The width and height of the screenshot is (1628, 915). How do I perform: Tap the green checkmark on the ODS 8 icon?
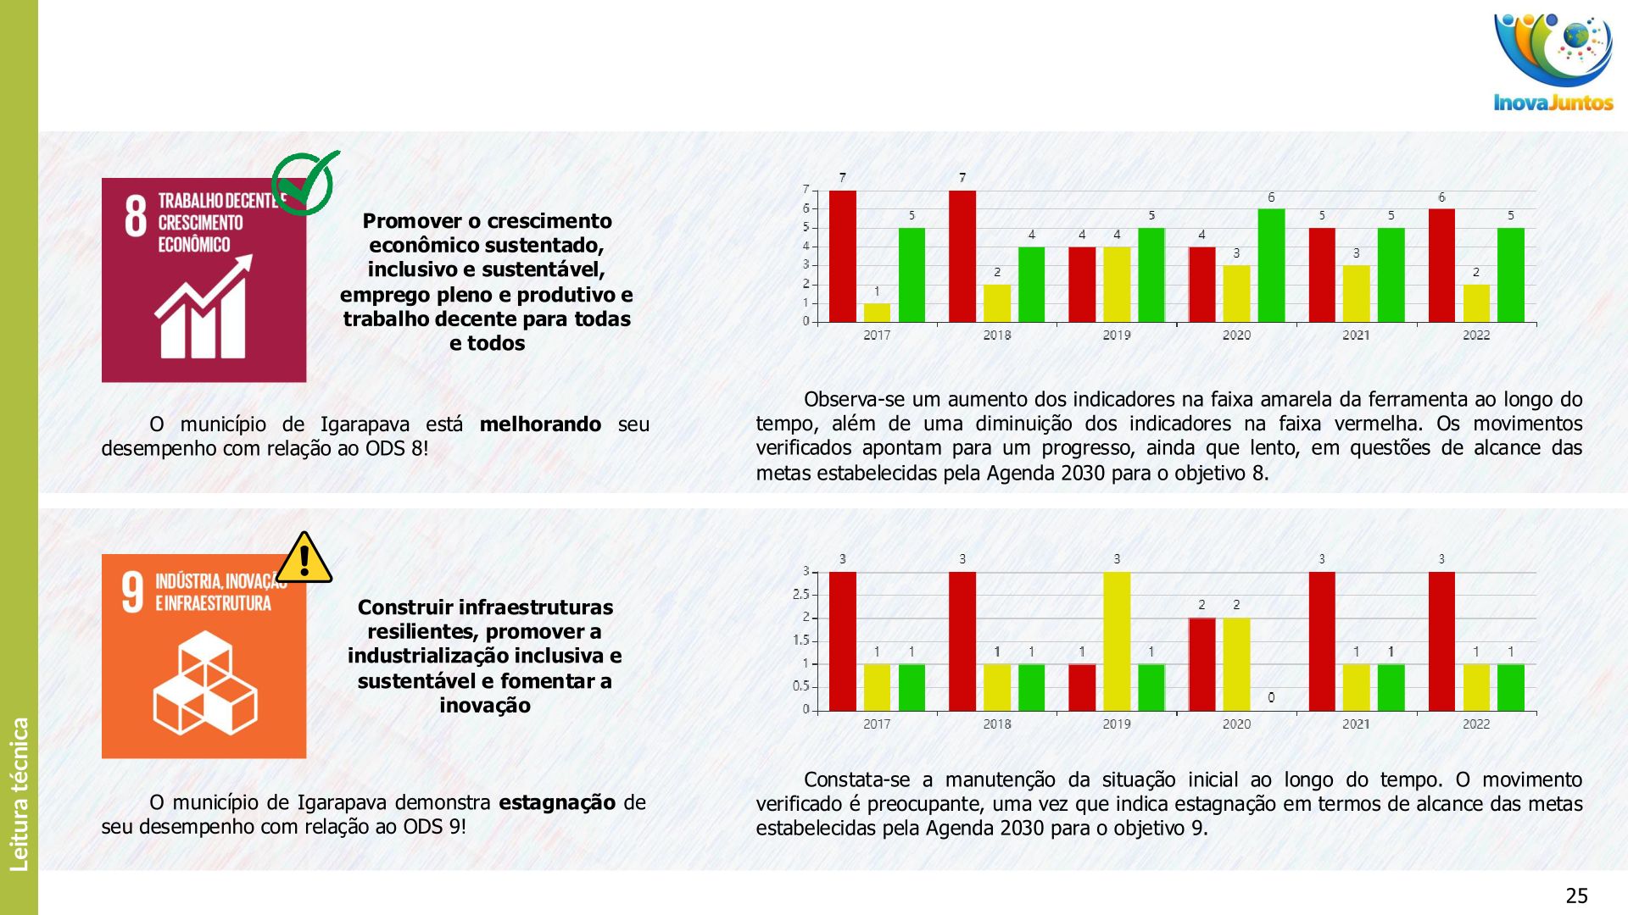(x=305, y=182)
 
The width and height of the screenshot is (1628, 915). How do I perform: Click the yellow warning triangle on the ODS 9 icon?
(x=304, y=559)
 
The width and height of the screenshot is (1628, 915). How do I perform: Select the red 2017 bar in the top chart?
(x=842, y=256)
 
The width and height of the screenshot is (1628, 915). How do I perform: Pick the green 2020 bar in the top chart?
(x=1271, y=265)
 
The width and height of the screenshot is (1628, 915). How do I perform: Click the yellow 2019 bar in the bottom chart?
(x=1117, y=641)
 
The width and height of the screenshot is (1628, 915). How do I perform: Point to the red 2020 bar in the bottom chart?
(x=1201, y=664)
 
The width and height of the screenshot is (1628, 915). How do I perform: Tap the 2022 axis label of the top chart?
(x=1475, y=335)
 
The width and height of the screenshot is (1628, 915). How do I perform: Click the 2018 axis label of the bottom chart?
(x=997, y=724)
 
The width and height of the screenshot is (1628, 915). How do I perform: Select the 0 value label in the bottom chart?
(x=1271, y=698)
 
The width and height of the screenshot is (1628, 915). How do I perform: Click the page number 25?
(x=1576, y=896)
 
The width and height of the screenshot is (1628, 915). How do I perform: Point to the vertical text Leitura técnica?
(x=20, y=794)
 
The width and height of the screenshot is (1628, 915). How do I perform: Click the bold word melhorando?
(x=540, y=424)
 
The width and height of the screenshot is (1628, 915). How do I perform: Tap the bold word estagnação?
(x=557, y=802)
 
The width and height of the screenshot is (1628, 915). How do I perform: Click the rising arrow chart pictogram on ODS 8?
(x=203, y=307)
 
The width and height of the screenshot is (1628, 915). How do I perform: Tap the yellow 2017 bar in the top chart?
(x=877, y=313)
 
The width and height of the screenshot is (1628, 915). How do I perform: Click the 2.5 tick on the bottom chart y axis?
(x=800, y=595)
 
